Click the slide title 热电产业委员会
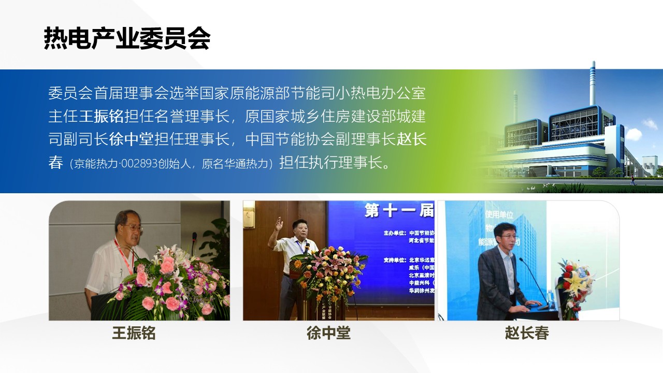tap(127, 38)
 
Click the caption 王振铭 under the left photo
tap(134, 333)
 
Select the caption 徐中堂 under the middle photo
tap(328, 333)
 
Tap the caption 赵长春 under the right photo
tap(527, 333)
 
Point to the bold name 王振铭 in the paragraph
tap(102, 116)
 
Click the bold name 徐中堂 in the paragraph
tap(132, 139)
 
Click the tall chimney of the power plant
tap(593, 83)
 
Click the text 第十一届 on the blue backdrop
tap(399, 211)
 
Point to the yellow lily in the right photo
tap(575, 282)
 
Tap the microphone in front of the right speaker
tap(533, 280)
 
